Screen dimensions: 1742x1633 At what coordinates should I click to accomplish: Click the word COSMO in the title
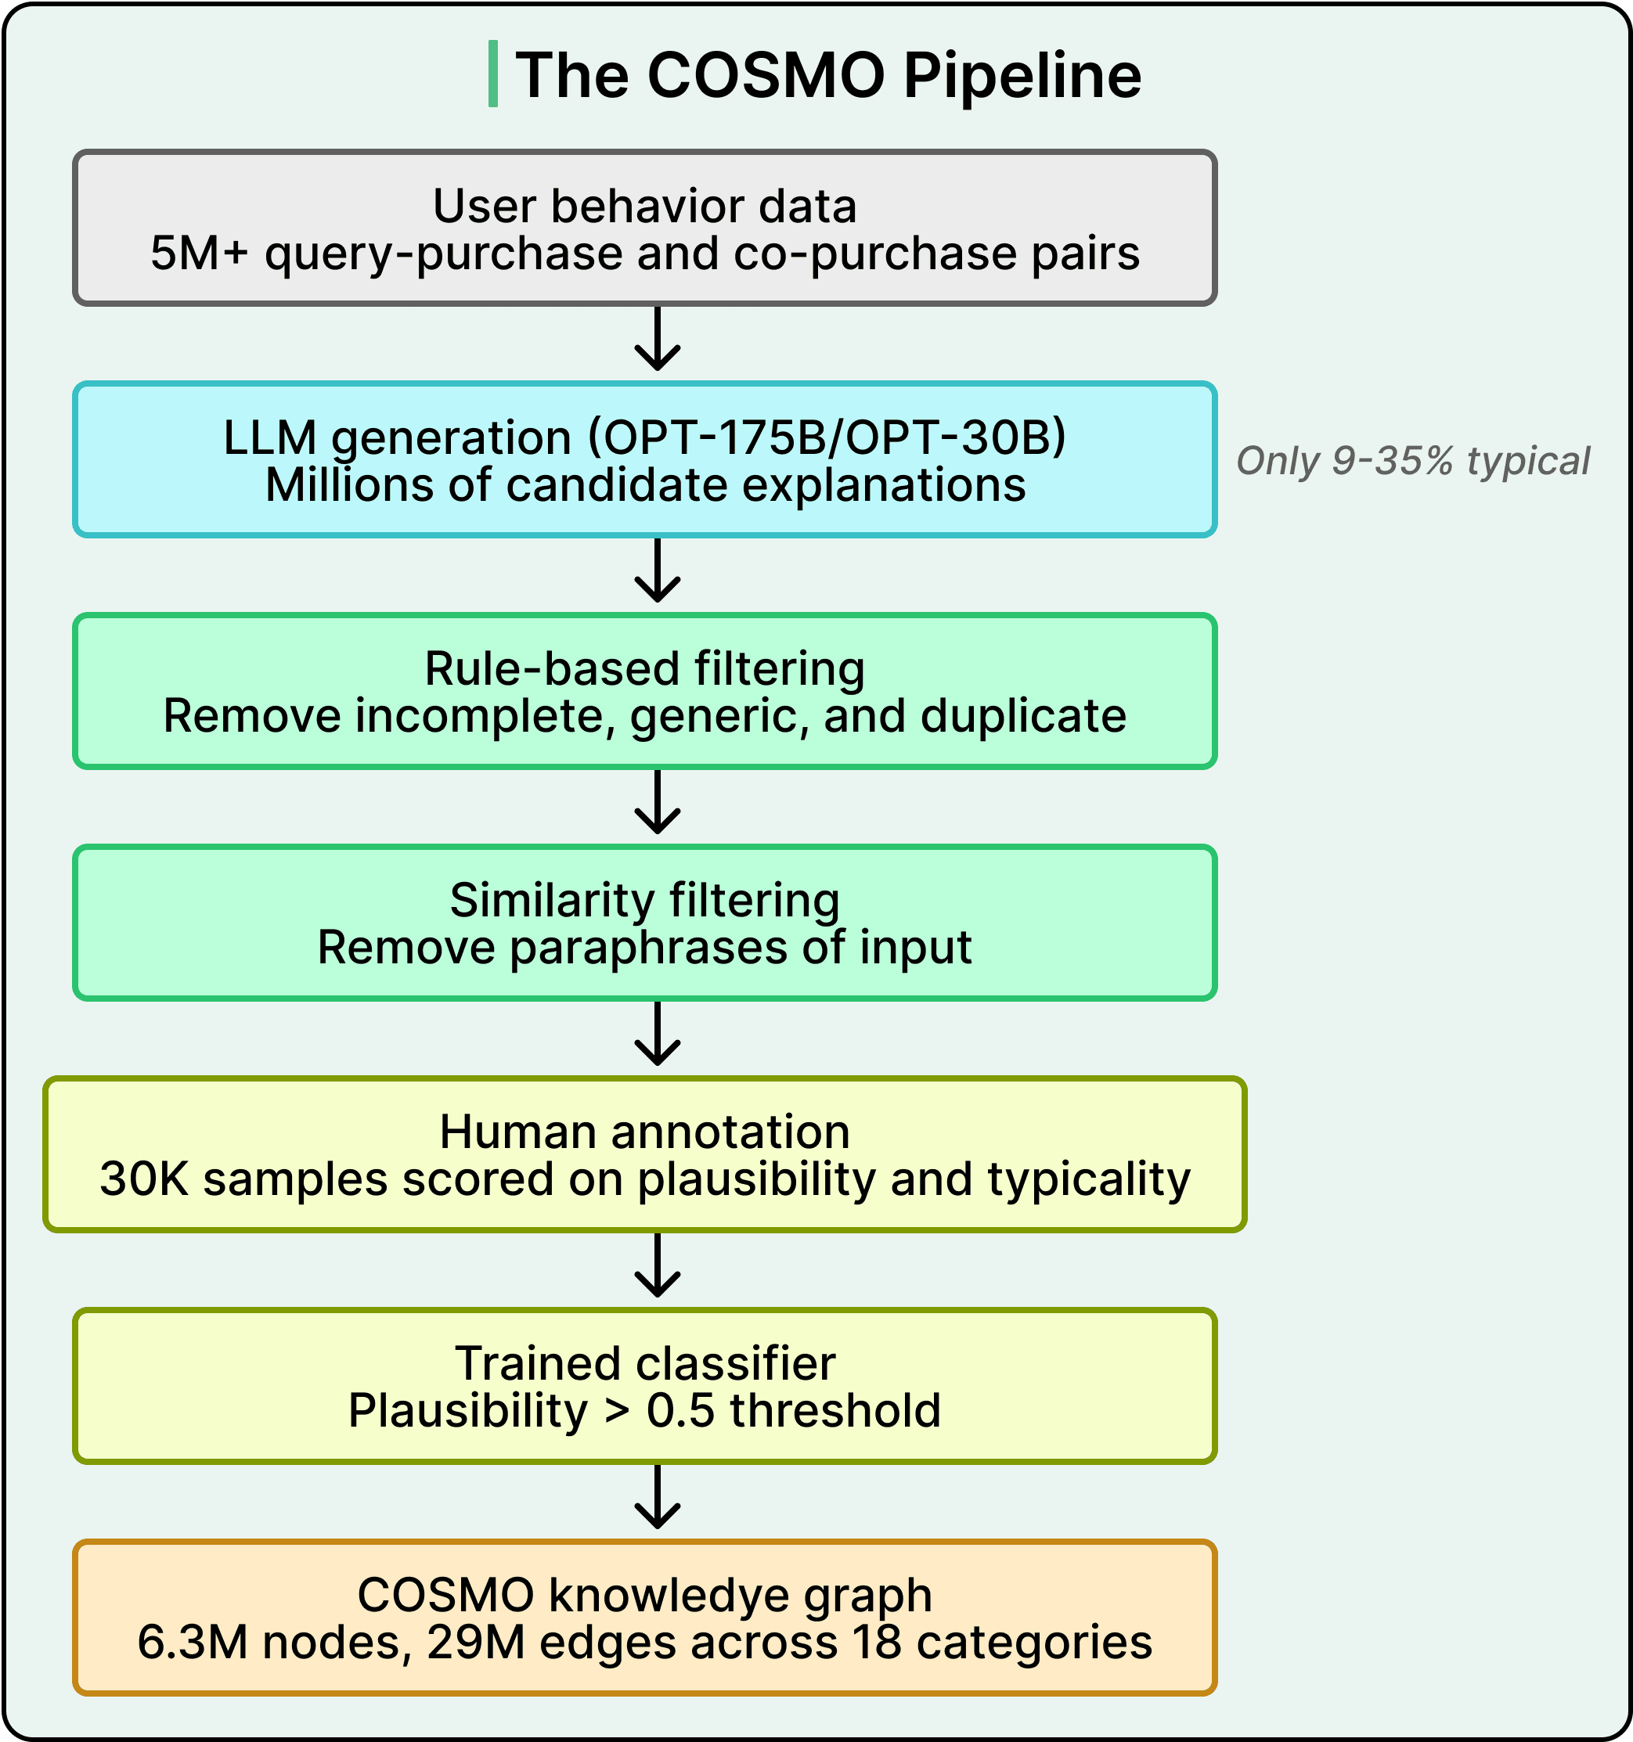pyautogui.click(x=765, y=75)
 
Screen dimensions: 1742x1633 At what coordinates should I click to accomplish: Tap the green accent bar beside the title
pyautogui.click(x=493, y=74)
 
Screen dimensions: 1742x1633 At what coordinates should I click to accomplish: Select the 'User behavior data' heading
pyautogui.click(x=644, y=206)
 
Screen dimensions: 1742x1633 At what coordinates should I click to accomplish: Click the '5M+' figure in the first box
pyautogui.click(x=199, y=254)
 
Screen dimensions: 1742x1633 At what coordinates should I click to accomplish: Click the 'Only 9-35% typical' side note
pyautogui.click(x=1412, y=461)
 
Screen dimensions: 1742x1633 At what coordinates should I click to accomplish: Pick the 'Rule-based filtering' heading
pyautogui.click(x=644, y=668)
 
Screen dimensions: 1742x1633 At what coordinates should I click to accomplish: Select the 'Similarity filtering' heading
pyautogui.click(x=644, y=900)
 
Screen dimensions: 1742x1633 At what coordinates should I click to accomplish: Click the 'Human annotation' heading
pyautogui.click(x=644, y=1132)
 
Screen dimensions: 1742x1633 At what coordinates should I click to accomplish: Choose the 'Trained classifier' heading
pyautogui.click(x=644, y=1363)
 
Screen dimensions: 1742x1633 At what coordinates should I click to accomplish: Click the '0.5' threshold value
pyautogui.click(x=680, y=1411)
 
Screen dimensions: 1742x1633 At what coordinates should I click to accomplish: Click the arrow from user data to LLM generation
pyautogui.click(x=658, y=339)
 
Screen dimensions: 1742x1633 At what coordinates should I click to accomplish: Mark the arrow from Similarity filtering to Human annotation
pyautogui.click(x=658, y=1034)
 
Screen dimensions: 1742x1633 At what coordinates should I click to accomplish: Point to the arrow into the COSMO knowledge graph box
pyautogui.click(x=658, y=1498)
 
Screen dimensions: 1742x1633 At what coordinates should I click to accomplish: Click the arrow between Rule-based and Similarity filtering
pyautogui.click(x=658, y=803)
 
